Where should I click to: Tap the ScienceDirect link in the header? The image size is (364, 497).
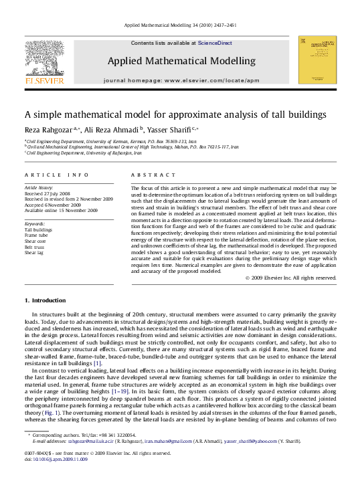(215, 43)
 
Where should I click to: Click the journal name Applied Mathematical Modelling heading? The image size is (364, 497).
(181, 61)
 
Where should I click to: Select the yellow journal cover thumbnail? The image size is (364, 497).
(316, 60)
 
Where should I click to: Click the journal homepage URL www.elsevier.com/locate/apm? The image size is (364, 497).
(211, 80)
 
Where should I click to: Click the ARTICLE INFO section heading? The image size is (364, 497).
(56, 175)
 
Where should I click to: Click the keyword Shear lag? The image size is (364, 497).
(35, 253)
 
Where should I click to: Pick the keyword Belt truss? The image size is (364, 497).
(35, 247)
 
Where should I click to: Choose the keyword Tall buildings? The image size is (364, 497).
(38, 229)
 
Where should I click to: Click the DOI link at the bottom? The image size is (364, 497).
(58, 458)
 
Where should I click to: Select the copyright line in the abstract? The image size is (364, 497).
(290, 277)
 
